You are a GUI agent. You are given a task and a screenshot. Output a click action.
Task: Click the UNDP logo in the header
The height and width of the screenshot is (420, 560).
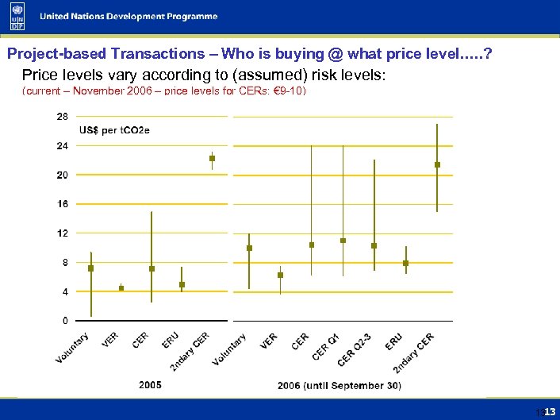(17, 17)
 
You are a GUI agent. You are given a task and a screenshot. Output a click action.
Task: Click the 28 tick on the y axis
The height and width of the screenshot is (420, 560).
(62, 116)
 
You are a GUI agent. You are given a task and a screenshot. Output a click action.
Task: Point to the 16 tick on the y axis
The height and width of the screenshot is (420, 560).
(62, 204)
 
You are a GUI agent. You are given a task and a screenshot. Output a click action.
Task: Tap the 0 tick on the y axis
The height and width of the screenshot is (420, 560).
(64, 321)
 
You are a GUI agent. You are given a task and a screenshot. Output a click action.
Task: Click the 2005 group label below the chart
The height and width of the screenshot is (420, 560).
(151, 385)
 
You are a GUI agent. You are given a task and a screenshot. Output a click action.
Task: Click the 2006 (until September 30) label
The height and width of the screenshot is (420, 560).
(339, 386)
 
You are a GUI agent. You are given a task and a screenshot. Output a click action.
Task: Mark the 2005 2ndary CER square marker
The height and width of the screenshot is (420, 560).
(213, 158)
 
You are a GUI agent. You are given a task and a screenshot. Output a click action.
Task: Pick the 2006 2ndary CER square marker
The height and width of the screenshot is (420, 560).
(437, 164)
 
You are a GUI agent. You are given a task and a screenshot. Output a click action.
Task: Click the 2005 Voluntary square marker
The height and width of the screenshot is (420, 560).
(91, 268)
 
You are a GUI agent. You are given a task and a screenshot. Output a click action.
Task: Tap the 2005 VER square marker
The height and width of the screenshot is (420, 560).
(121, 288)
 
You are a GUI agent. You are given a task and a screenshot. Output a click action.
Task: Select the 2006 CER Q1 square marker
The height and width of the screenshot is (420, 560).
(343, 241)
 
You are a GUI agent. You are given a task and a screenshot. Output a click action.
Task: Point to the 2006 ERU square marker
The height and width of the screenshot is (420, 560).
(405, 263)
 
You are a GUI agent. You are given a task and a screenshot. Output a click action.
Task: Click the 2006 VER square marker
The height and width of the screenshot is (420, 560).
(280, 275)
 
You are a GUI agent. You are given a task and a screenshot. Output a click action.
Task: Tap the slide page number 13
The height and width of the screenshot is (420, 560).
(550, 411)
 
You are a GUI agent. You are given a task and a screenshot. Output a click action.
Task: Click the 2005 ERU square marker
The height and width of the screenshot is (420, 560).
(182, 284)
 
